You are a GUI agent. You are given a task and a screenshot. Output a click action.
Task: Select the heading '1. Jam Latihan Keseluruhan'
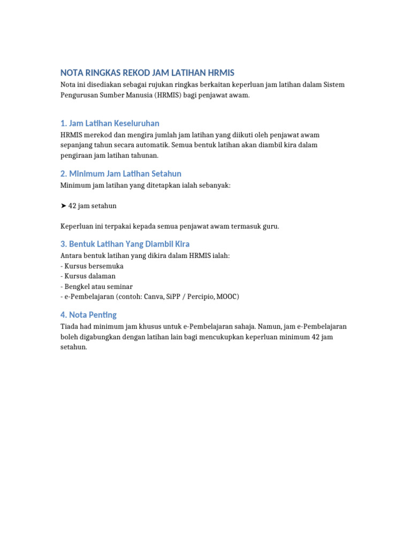pos(110,124)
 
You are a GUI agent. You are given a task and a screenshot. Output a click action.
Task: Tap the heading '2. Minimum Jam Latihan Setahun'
pos(120,174)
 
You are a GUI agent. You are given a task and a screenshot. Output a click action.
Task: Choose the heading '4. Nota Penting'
pos(88,315)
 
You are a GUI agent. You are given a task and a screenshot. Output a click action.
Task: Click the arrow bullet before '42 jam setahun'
pos(63,206)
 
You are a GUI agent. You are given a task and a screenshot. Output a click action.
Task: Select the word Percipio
pos(201,296)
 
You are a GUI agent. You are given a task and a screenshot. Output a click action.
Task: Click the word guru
pos(271,226)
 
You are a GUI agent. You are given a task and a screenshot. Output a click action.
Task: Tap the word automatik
pos(147,146)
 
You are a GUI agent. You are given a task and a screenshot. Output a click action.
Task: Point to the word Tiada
pos(70,326)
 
